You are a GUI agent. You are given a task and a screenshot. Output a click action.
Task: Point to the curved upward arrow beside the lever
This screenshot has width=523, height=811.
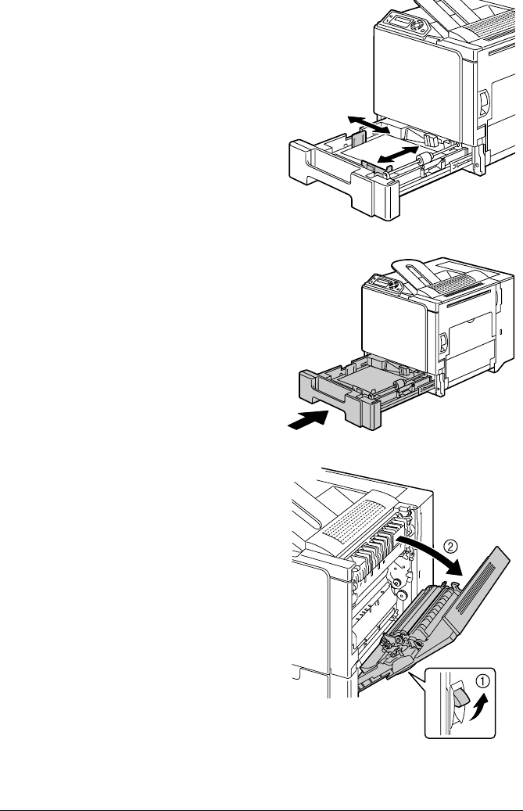[479, 706]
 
